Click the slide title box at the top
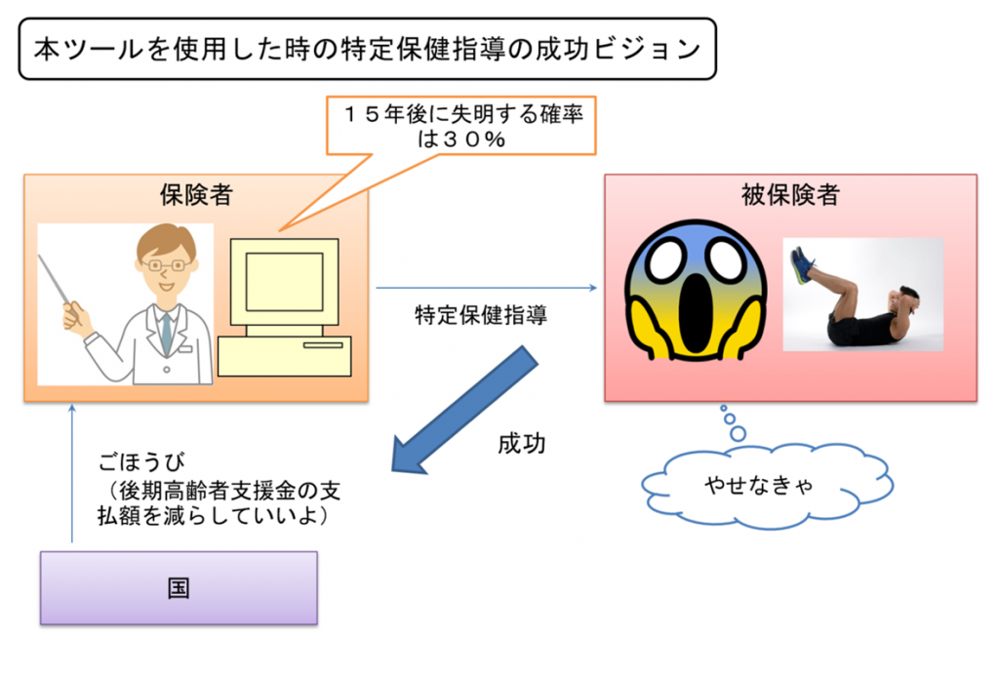368,48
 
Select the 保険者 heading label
195,194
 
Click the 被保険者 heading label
790,194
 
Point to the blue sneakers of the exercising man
802,263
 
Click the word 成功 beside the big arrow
522,444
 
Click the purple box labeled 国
179,588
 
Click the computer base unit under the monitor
283,357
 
